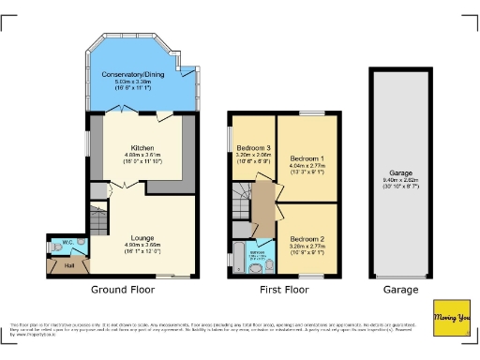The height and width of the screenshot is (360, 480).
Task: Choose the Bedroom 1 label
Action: pyautogui.click(x=307, y=157)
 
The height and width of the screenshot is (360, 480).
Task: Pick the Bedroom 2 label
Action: pyautogui.click(x=307, y=239)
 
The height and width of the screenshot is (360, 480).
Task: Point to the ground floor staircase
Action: pyautogui.click(x=99, y=221)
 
